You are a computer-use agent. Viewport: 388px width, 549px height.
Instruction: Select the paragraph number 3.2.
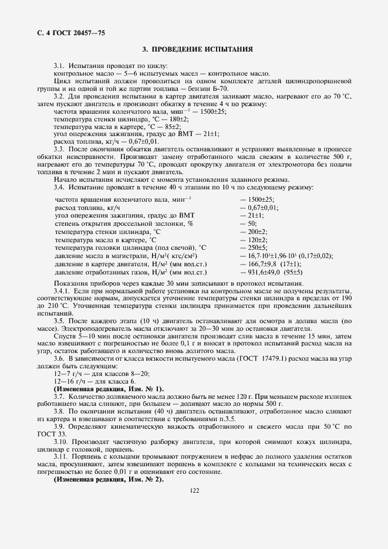pyautogui.click(x=59, y=96)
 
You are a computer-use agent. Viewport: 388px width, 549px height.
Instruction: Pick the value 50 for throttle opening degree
pyautogui.click(x=252, y=223)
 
